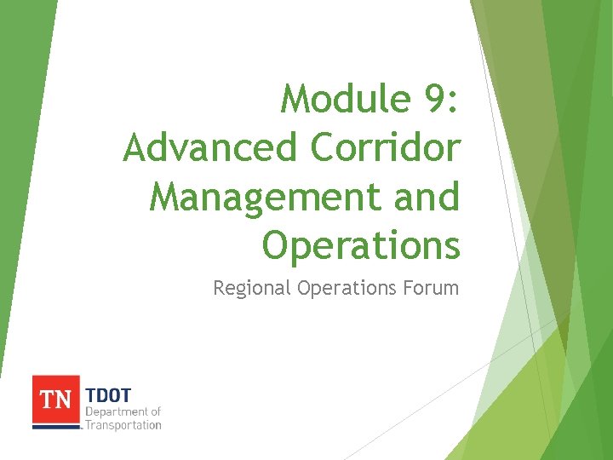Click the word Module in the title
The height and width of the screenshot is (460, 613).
pos(346,100)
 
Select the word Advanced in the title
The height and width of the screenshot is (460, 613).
pos(211,148)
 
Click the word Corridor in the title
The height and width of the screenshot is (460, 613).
pos(386,148)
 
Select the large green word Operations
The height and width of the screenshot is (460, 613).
pos(361,246)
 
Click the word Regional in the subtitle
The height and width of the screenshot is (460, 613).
pos(251,289)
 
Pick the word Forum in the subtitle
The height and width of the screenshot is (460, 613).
pos(433,288)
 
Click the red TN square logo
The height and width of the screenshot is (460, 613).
pos(56,400)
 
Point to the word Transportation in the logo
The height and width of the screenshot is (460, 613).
pos(123,424)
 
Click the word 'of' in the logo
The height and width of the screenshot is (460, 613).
pos(156,412)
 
